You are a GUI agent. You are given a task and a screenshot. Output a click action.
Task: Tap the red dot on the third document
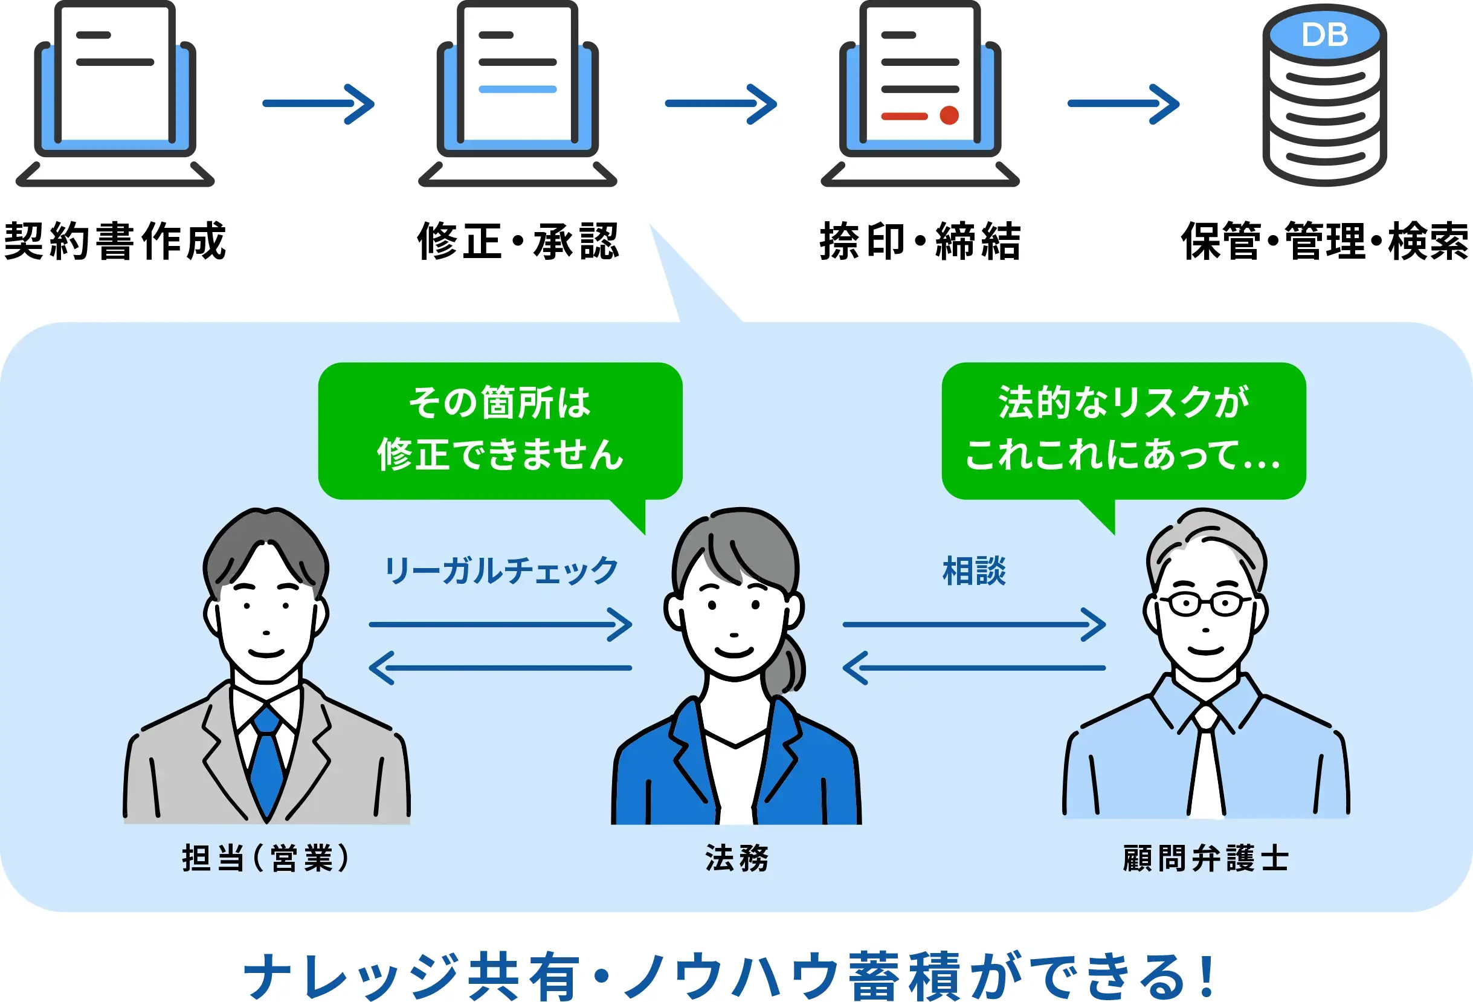coord(949,115)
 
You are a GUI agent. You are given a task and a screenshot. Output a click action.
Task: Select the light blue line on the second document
coord(517,89)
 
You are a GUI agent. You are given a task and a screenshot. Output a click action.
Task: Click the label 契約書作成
coord(115,242)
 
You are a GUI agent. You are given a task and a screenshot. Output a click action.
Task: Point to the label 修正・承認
coord(518,242)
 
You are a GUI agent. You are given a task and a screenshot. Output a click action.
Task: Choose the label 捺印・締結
coord(920,242)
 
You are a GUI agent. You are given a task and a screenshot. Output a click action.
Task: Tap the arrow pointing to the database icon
coord(1123,104)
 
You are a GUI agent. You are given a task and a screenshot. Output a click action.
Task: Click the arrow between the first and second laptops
coord(318,104)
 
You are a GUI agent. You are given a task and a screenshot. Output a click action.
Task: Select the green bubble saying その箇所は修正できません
coord(500,430)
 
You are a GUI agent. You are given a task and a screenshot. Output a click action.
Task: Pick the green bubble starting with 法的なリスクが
coord(1123,430)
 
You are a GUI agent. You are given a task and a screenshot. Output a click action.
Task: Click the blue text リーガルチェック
coord(501,570)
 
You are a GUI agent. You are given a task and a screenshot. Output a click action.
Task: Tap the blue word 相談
coord(974,570)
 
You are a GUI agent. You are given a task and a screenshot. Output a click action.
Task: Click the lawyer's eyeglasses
coord(1205,604)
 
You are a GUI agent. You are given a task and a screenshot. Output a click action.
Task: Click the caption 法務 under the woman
coord(736,859)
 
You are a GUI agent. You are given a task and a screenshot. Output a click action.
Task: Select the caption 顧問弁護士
coord(1205,859)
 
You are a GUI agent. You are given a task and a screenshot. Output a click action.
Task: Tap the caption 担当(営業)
coord(266,859)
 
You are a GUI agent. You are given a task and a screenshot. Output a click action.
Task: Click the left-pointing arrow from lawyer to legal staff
coord(974,668)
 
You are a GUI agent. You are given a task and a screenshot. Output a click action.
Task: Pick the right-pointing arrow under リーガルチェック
coord(501,625)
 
